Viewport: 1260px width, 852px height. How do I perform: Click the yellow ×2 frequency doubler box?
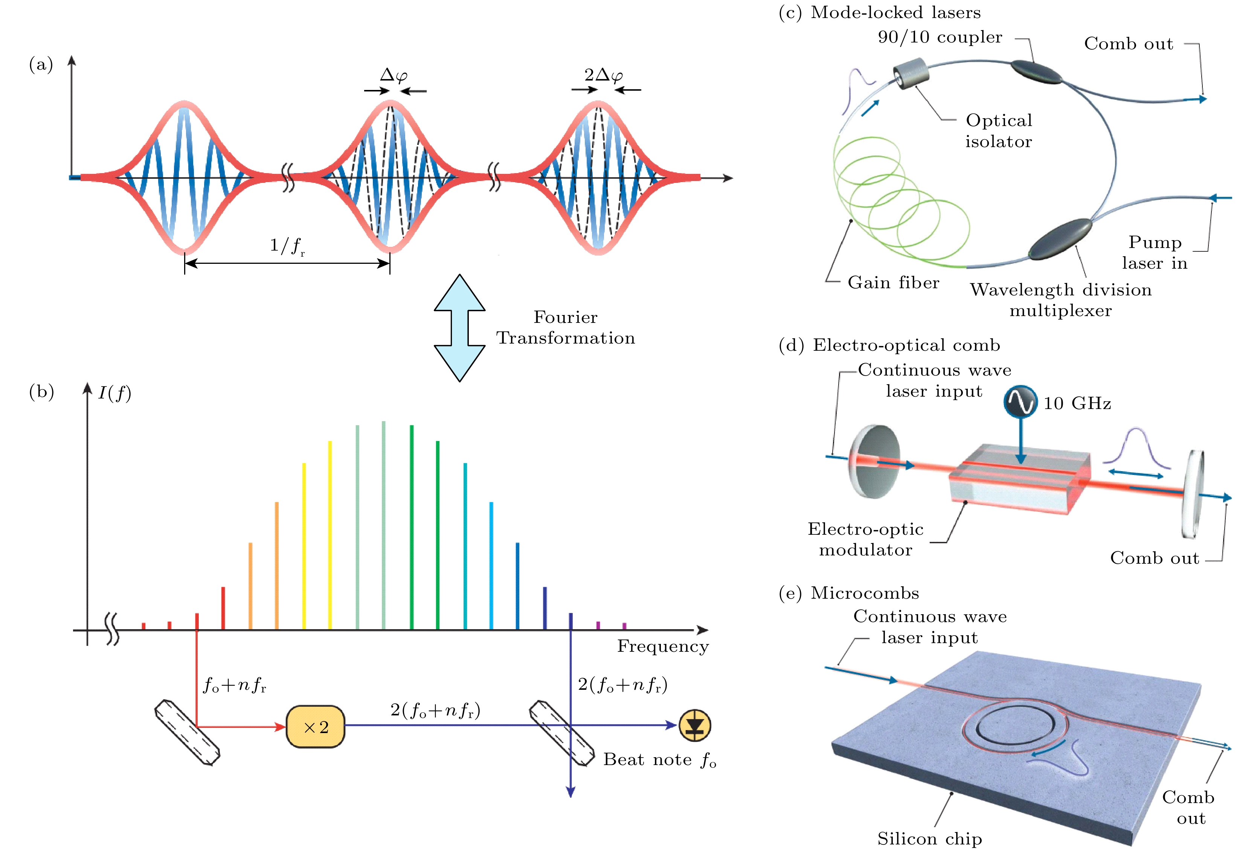[315, 727]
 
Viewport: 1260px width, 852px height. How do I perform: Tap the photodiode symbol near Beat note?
[694, 726]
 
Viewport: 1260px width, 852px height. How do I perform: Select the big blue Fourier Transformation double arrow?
[459, 328]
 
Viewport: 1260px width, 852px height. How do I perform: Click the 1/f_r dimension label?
[287, 246]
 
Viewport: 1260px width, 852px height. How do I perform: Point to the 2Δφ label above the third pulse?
[603, 75]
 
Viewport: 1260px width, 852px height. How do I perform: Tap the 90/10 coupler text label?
[940, 37]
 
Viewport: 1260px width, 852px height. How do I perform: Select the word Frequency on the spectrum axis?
[662, 647]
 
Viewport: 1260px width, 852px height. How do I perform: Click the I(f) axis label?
[114, 393]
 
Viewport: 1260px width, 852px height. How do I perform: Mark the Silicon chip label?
[929, 838]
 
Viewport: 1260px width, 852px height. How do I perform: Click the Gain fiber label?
[893, 282]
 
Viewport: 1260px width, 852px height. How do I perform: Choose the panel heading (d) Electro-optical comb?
[889, 345]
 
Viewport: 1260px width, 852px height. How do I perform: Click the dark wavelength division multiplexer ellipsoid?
[1060, 239]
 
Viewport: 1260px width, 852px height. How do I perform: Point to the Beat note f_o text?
[659, 760]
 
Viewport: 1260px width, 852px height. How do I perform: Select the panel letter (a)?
[41, 65]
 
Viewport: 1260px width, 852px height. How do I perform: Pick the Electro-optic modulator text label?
[865, 539]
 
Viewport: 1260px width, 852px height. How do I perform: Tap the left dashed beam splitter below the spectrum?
[187, 732]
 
